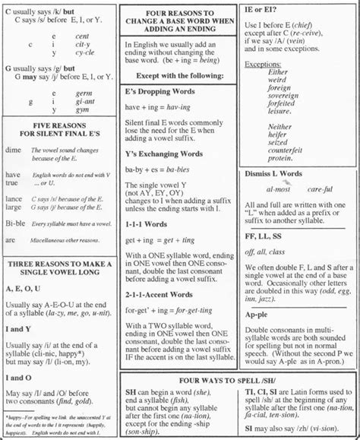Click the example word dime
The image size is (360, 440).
(14, 151)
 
